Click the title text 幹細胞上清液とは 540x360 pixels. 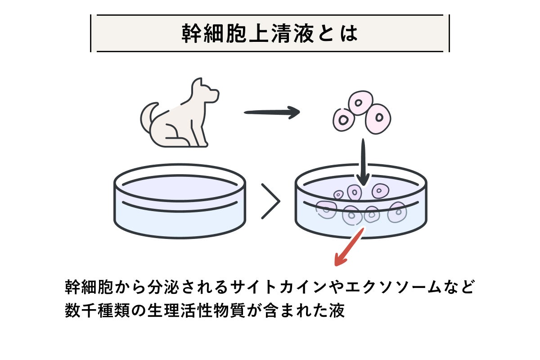270,34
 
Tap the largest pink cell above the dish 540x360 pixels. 378,118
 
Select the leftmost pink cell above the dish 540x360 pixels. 344,120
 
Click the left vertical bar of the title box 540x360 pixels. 91,34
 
